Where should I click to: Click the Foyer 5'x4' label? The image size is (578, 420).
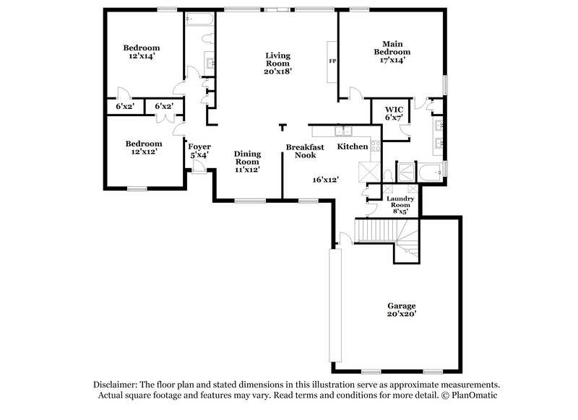[x=199, y=151]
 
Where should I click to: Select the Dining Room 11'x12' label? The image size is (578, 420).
[x=246, y=161]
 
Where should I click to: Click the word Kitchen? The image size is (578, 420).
[x=353, y=147]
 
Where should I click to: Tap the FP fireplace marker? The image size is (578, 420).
[x=332, y=62]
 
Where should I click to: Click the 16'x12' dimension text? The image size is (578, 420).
[x=325, y=179]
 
